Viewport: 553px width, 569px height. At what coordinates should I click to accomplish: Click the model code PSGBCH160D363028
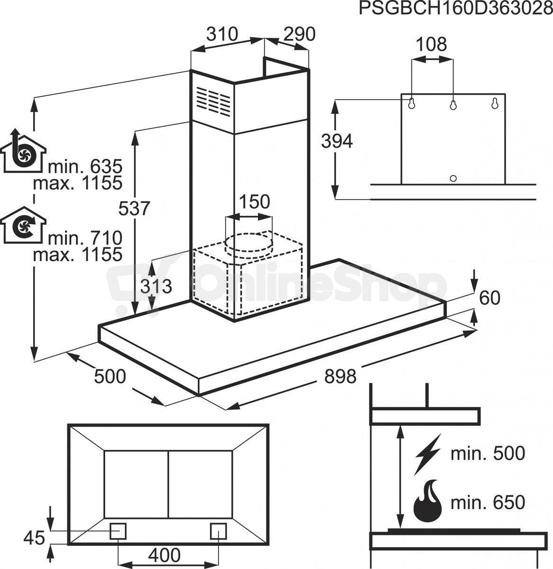[x=455, y=9]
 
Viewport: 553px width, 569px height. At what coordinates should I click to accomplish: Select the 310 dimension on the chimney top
[x=222, y=34]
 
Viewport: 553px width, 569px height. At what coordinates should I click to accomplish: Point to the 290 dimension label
[x=299, y=34]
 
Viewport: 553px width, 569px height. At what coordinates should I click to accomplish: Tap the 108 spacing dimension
[x=431, y=45]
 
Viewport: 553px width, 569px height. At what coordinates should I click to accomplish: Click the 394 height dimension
[x=337, y=141]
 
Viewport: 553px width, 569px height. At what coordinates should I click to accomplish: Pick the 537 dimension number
[x=134, y=209]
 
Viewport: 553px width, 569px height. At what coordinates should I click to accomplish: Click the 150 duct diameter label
[x=254, y=202]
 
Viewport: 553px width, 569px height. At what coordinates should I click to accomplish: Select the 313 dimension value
[x=156, y=286]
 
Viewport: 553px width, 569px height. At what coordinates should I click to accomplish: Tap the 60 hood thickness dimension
[x=490, y=298]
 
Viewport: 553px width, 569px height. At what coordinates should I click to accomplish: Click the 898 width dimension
[x=340, y=376]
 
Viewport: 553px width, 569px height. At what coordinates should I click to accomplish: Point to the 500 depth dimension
[x=110, y=376]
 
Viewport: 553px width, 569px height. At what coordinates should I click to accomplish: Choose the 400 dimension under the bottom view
[x=164, y=555]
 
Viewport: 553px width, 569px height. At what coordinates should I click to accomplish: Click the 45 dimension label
[x=34, y=538]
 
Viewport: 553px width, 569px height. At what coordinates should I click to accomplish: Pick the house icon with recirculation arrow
[x=23, y=225]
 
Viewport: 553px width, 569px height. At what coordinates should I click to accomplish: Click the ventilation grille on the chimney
[x=213, y=101]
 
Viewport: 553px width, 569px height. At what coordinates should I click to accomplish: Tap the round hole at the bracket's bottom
[x=453, y=178]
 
